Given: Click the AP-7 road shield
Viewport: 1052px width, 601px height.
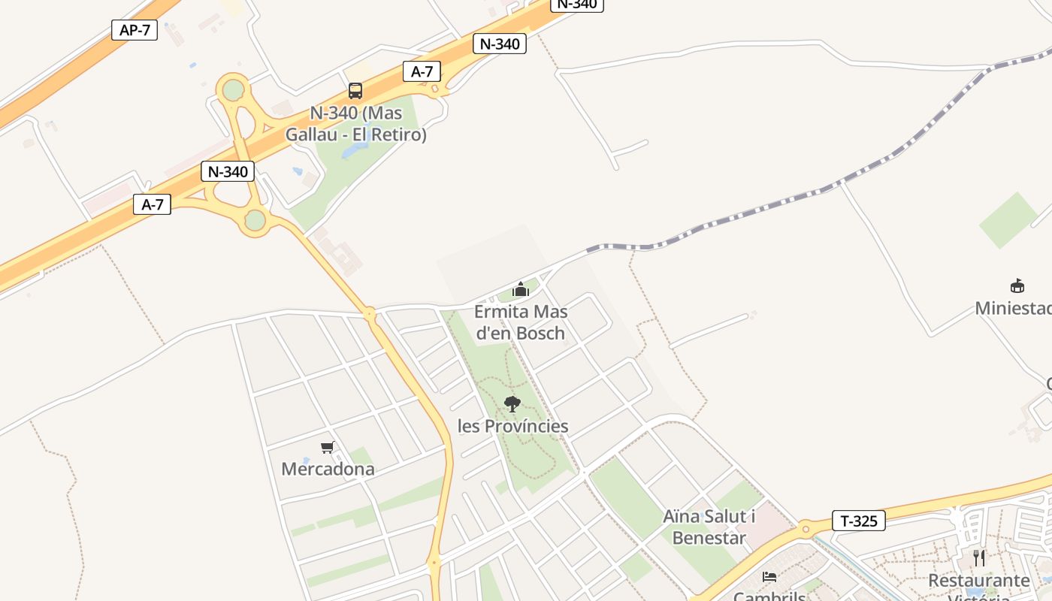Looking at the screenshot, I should [x=135, y=30].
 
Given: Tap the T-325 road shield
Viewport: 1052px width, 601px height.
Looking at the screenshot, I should [x=858, y=521].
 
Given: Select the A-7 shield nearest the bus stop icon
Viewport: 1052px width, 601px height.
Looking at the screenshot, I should [x=422, y=71].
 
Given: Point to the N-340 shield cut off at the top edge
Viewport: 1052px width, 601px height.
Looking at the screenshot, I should [x=577, y=4].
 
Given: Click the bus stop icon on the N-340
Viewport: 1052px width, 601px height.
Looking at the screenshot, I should [x=355, y=91].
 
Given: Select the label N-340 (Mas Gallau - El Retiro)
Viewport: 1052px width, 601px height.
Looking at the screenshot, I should [x=355, y=124].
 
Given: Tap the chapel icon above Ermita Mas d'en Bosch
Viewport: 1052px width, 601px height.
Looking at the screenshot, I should [x=521, y=289].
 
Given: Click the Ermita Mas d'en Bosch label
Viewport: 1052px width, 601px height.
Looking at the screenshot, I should [x=521, y=322].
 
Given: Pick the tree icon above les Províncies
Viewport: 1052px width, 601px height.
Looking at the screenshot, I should [x=512, y=404].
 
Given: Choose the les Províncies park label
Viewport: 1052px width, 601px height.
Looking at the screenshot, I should [x=513, y=426].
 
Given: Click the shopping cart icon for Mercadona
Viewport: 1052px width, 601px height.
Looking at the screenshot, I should [x=328, y=448].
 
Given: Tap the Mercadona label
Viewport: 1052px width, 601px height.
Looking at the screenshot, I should [x=328, y=469].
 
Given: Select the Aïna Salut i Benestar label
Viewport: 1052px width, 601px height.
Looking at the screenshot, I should [x=709, y=527].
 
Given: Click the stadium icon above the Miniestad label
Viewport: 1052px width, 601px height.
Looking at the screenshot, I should [x=1017, y=285].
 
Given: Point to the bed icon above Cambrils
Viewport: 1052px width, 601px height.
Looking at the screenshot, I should [x=769, y=577].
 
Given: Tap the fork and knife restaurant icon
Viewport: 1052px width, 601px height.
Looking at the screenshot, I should [x=978, y=558].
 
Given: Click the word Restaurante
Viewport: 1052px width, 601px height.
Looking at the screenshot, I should [x=978, y=581].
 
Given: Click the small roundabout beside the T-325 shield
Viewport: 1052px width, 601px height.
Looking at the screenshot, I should [x=806, y=528].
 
